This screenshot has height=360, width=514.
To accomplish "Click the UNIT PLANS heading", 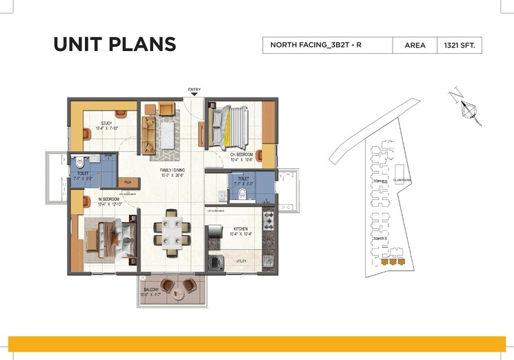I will click(115, 44).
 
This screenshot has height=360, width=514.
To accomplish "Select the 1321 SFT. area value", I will click(459, 46).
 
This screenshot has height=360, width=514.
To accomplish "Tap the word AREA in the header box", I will click(414, 46).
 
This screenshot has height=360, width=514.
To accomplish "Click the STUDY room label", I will click(106, 123).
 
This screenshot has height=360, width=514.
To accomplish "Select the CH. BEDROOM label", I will click(241, 154).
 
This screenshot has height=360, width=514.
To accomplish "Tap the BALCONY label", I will click(151, 290).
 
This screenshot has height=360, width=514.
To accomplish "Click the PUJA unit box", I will click(128, 182).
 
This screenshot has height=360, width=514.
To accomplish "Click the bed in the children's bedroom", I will click(230, 126).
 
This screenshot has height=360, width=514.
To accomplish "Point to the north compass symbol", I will click(468, 108).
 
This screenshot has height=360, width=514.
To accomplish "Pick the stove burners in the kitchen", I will click(268, 221).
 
